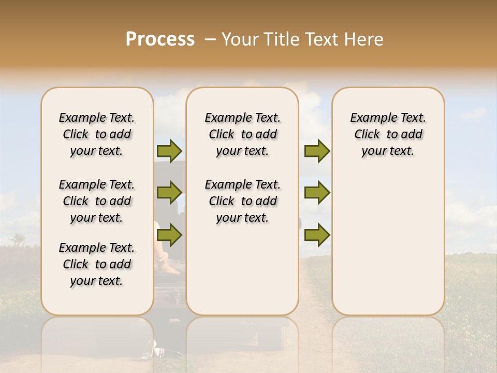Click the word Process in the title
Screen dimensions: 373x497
pos(160,39)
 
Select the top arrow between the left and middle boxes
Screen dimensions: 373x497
pos(169,151)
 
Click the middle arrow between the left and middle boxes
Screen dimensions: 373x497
pos(169,193)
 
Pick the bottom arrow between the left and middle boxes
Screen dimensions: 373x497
pos(169,235)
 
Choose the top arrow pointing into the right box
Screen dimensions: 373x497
pos(317,151)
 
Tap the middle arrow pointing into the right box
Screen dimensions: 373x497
pos(317,193)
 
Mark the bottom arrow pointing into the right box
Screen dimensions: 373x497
pos(317,235)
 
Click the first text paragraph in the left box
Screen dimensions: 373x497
pos(97,134)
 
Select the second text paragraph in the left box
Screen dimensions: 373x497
pos(97,201)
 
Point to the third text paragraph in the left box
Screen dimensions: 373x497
pos(97,264)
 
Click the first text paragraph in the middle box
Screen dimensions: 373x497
pos(242,134)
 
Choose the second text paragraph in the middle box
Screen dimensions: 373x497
pos(242,201)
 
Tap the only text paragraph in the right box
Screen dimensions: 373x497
pos(388,134)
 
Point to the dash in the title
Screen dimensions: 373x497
pos(210,39)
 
